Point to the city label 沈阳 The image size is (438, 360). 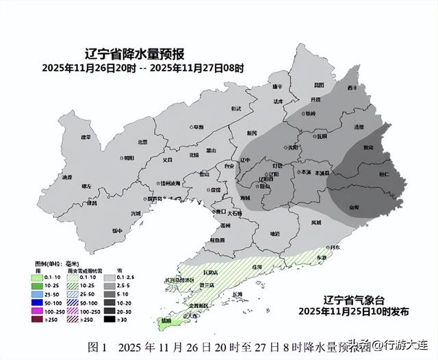pyautogui.click(x=293, y=147)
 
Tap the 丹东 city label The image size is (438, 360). pyautogui.click(x=335, y=247)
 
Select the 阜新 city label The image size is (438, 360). pyautogui.click(x=198, y=127)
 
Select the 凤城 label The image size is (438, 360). pyautogui.click(x=316, y=223)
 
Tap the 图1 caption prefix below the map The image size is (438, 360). pyautogui.click(x=98, y=346)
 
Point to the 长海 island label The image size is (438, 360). pyautogui.click(x=237, y=294)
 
